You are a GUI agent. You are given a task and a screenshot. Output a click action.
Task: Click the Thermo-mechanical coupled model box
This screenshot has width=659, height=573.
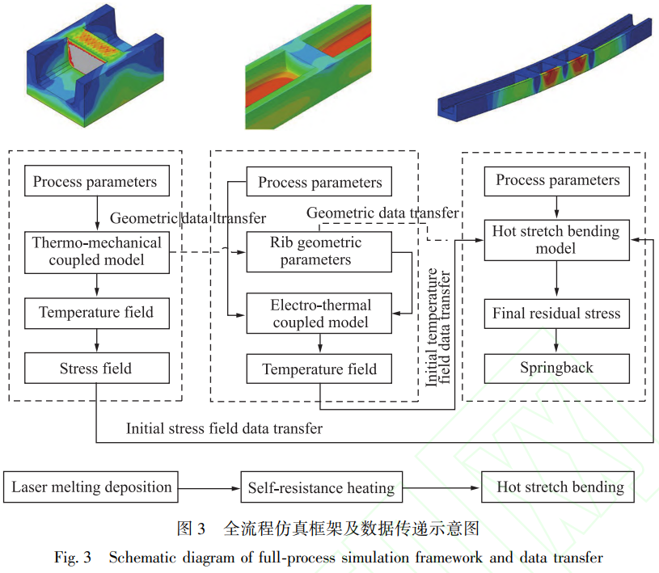[x=97, y=252]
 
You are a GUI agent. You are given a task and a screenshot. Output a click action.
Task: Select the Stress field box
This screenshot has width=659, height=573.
[x=97, y=368]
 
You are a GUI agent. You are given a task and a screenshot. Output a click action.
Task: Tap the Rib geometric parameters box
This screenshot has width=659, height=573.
[x=319, y=252]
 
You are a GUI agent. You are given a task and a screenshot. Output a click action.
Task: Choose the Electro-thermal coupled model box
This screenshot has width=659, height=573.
[x=319, y=314]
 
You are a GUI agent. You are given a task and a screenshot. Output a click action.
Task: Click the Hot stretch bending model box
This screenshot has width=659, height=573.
[x=557, y=240]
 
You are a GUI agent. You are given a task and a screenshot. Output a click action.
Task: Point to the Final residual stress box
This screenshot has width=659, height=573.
[x=557, y=314]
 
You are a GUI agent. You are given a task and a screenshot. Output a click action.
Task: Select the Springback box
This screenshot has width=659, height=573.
[x=557, y=369]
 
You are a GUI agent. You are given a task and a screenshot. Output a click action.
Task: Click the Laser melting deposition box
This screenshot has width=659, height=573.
[x=91, y=487]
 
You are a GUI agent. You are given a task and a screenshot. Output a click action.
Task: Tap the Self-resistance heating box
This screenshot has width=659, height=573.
[x=322, y=487]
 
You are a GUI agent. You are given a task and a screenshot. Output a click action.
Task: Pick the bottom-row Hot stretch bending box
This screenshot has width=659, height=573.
[x=558, y=487]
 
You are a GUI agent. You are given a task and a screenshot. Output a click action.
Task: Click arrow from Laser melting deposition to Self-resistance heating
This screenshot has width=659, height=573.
[x=209, y=488]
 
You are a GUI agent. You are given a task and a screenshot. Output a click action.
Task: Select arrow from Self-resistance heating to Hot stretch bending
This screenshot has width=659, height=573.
[x=441, y=487]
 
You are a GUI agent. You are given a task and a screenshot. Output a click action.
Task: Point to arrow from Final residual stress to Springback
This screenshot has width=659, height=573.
[x=556, y=341]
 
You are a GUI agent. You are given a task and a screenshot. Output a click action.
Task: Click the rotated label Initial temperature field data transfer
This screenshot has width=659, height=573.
[x=438, y=327]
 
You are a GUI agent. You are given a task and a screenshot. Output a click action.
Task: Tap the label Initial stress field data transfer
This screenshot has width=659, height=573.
[x=225, y=428]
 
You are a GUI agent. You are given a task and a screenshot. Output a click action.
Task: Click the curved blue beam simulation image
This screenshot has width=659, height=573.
[x=545, y=70]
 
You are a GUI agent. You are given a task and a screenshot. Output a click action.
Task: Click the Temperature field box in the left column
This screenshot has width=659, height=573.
[x=97, y=314]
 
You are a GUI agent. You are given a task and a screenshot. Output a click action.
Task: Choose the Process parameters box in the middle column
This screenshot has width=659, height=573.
[x=319, y=182]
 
